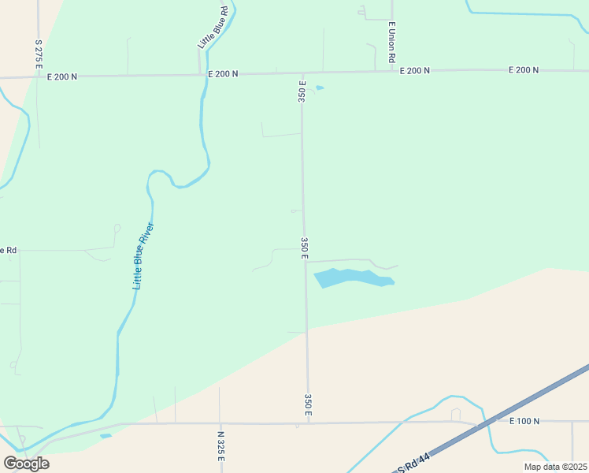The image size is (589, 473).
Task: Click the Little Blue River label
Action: [143, 256]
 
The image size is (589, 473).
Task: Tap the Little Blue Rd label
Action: [213, 28]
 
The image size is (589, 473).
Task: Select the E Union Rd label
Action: [391, 43]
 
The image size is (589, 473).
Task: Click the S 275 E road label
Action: [38, 54]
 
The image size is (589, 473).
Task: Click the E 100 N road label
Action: [524, 421]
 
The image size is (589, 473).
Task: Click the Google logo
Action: [26, 463]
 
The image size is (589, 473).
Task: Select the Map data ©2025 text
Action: [555, 467]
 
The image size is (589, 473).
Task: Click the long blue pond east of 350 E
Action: [352, 277]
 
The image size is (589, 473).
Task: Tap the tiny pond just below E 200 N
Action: [320, 88]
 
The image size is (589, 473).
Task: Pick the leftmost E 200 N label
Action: [62, 76]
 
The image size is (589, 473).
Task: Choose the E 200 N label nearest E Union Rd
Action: [415, 71]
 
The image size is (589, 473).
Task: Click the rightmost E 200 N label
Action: [524, 70]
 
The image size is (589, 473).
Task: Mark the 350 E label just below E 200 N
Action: [302, 91]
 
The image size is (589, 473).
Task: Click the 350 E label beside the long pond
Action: [304, 248]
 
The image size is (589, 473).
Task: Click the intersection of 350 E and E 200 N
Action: [302, 73]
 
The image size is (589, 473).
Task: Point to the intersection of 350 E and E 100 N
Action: [309, 423]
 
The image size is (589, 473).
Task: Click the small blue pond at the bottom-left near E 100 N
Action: [105, 435]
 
